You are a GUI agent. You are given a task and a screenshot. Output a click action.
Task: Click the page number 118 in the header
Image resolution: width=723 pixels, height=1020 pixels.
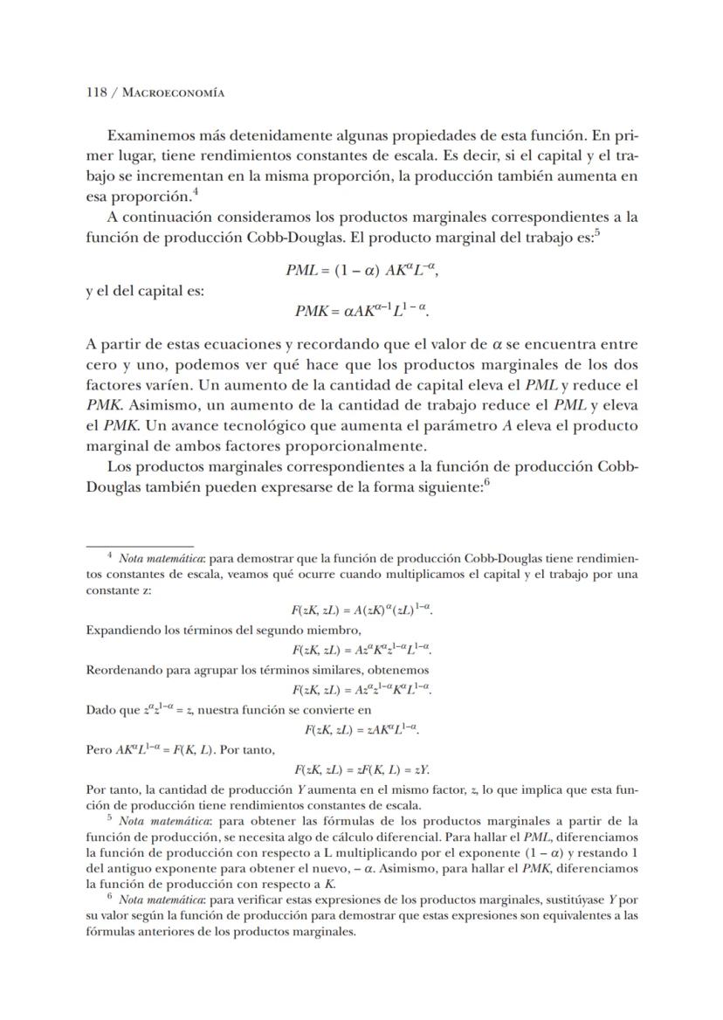tap(96, 92)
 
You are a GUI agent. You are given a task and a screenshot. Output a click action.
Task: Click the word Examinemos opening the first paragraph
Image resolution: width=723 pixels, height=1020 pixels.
tap(149, 136)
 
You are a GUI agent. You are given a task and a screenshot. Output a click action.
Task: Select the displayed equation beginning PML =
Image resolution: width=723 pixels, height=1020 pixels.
tap(361, 271)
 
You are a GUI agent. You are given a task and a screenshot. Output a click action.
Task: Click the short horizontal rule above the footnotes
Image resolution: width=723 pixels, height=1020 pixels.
tap(139, 546)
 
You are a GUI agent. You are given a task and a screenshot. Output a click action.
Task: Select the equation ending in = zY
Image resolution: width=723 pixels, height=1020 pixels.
tap(362, 769)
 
